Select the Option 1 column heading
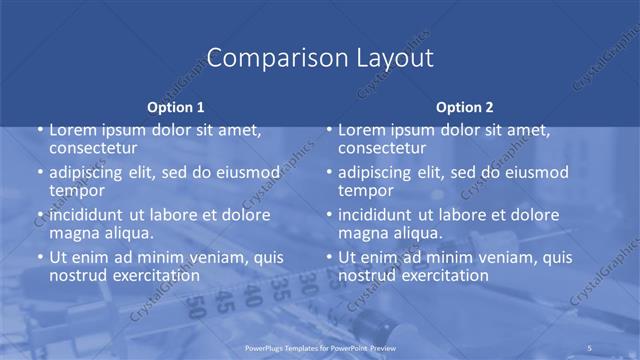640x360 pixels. pyautogui.click(x=176, y=107)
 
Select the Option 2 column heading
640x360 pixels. pyautogui.click(x=465, y=107)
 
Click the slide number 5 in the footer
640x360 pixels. pyautogui.click(x=591, y=347)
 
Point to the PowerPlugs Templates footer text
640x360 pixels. pyautogui.click(x=319, y=347)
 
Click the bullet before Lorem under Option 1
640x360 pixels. pyautogui.click(x=40, y=130)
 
